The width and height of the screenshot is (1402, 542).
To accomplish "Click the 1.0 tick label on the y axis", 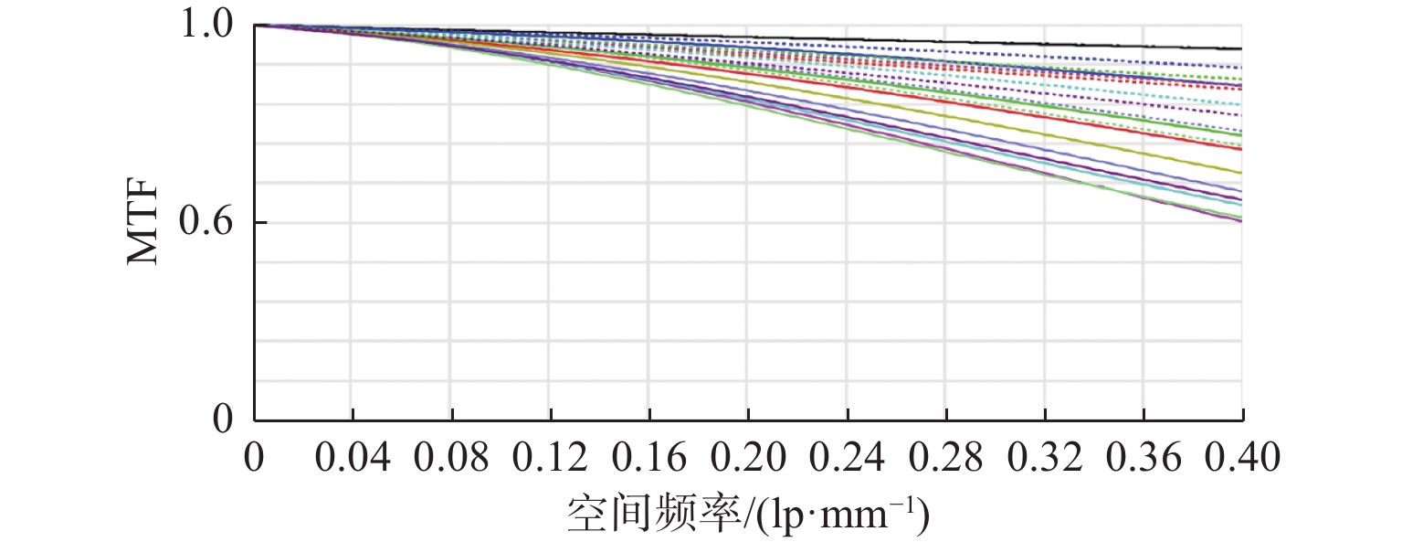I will (209, 25).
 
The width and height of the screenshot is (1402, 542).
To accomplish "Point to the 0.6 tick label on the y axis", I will (209, 222).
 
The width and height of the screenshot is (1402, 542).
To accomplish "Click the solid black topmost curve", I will (1096, 43).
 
